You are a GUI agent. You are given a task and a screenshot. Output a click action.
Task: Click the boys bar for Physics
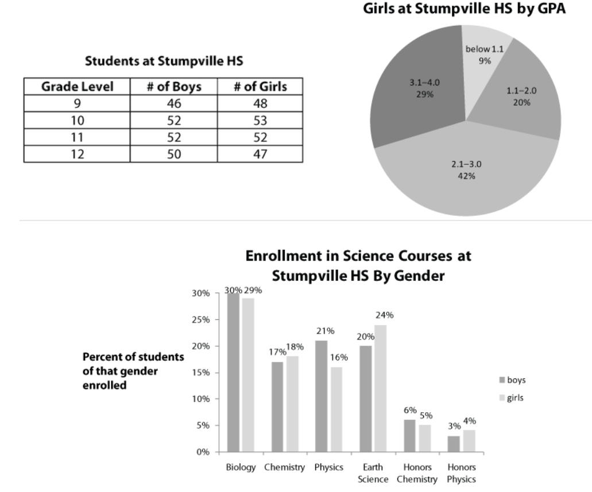point(322,396)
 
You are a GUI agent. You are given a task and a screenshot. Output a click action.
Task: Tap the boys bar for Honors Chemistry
point(410,436)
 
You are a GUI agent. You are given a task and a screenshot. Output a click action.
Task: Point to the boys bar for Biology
point(233,373)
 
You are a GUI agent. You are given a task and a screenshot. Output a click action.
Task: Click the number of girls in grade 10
point(260,121)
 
